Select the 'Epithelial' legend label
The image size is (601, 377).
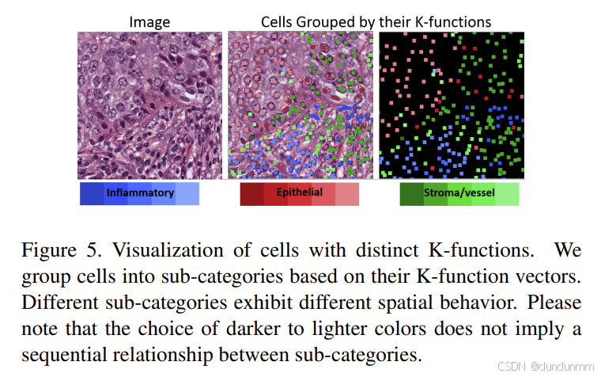298,193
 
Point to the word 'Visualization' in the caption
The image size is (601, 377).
160,253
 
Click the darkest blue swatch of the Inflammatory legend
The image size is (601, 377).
92,193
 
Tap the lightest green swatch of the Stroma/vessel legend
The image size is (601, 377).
507,193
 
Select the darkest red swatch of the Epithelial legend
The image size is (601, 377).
251,193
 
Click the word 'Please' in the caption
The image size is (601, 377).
556,304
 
